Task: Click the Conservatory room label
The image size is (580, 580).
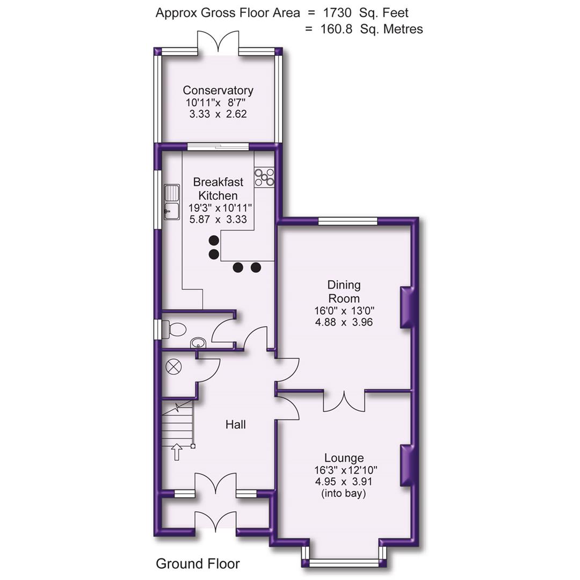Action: pyautogui.click(x=218, y=90)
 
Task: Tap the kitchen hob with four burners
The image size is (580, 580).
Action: pyautogui.click(x=264, y=177)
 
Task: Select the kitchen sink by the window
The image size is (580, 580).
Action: pyautogui.click(x=172, y=202)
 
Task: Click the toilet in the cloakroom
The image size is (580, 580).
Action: pyautogui.click(x=176, y=329)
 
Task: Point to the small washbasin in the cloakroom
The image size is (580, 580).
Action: pyautogui.click(x=198, y=342)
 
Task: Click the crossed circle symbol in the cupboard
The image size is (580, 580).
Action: pyautogui.click(x=174, y=367)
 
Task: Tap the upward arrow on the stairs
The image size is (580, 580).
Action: pyautogui.click(x=176, y=451)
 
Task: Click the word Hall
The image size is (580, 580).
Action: pyautogui.click(x=235, y=425)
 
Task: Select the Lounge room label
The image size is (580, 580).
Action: pyautogui.click(x=344, y=458)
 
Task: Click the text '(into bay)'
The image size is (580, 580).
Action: pyautogui.click(x=344, y=493)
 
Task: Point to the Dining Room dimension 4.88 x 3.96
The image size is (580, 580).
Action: pyautogui.click(x=344, y=322)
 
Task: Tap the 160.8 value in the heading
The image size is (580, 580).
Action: pyautogui.click(x=337, y=29)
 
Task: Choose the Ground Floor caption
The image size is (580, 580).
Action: pyautogui.click(x=198, y=563)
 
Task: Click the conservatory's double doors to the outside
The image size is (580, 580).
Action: pyautogui.click(x=218, y=43)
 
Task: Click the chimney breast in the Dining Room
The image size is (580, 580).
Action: pyautogui.click(x=407, y=307)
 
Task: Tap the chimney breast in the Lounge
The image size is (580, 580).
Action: pyautogui.click(x=407, y=465)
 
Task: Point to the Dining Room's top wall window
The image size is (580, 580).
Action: pyautogui.click(x=347, y=220)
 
